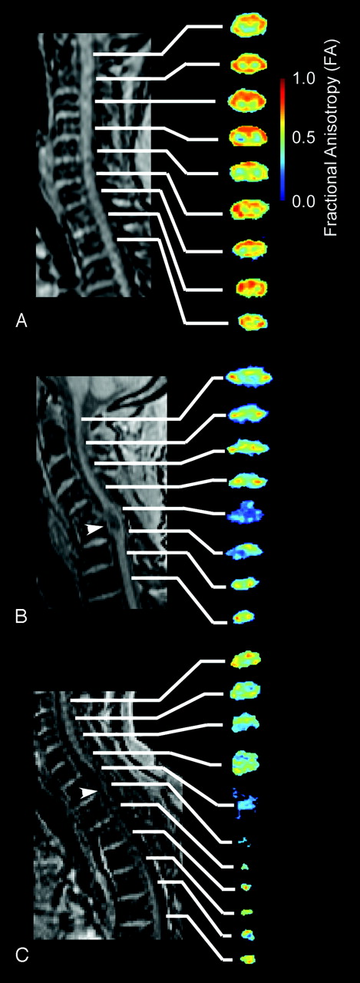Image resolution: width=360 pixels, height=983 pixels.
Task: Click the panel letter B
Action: tap(21, 617)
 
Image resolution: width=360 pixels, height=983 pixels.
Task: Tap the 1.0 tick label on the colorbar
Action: tap(305, 78)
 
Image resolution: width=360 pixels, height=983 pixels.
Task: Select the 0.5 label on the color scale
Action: tap(305, 137)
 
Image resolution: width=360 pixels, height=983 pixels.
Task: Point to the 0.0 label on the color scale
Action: tap(305, 201)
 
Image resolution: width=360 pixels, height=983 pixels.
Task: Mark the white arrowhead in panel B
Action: tap(94, 529)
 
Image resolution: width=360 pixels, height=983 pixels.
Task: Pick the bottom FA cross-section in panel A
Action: tap(253, 322)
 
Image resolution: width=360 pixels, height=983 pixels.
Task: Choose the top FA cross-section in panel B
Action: tap(249, 376)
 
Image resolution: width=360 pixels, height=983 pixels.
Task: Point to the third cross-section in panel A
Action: tap(247, 100)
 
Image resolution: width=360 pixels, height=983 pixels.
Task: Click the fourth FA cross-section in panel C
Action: tap(246, 763)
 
